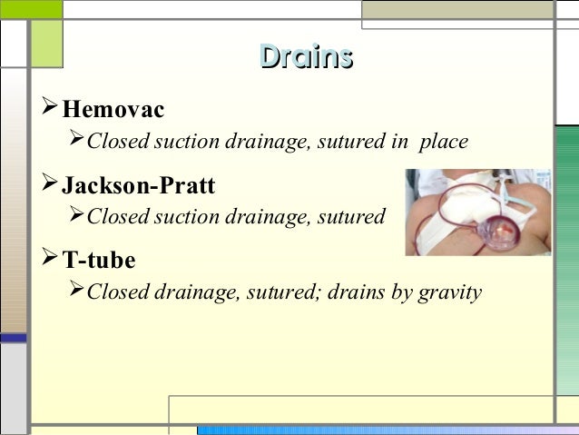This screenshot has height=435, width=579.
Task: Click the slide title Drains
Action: click(305, 57)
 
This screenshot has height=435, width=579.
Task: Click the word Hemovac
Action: click(113, 111)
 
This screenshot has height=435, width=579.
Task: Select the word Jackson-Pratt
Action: click(138, 186)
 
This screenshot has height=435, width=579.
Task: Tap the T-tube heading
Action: click(99, 261)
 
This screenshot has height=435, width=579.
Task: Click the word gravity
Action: click(449, 293)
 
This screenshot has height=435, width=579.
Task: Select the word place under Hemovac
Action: click(443, 143)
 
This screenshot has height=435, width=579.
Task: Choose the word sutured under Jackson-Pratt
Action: click(354, 217)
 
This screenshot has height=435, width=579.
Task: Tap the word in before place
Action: click(399, 143)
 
